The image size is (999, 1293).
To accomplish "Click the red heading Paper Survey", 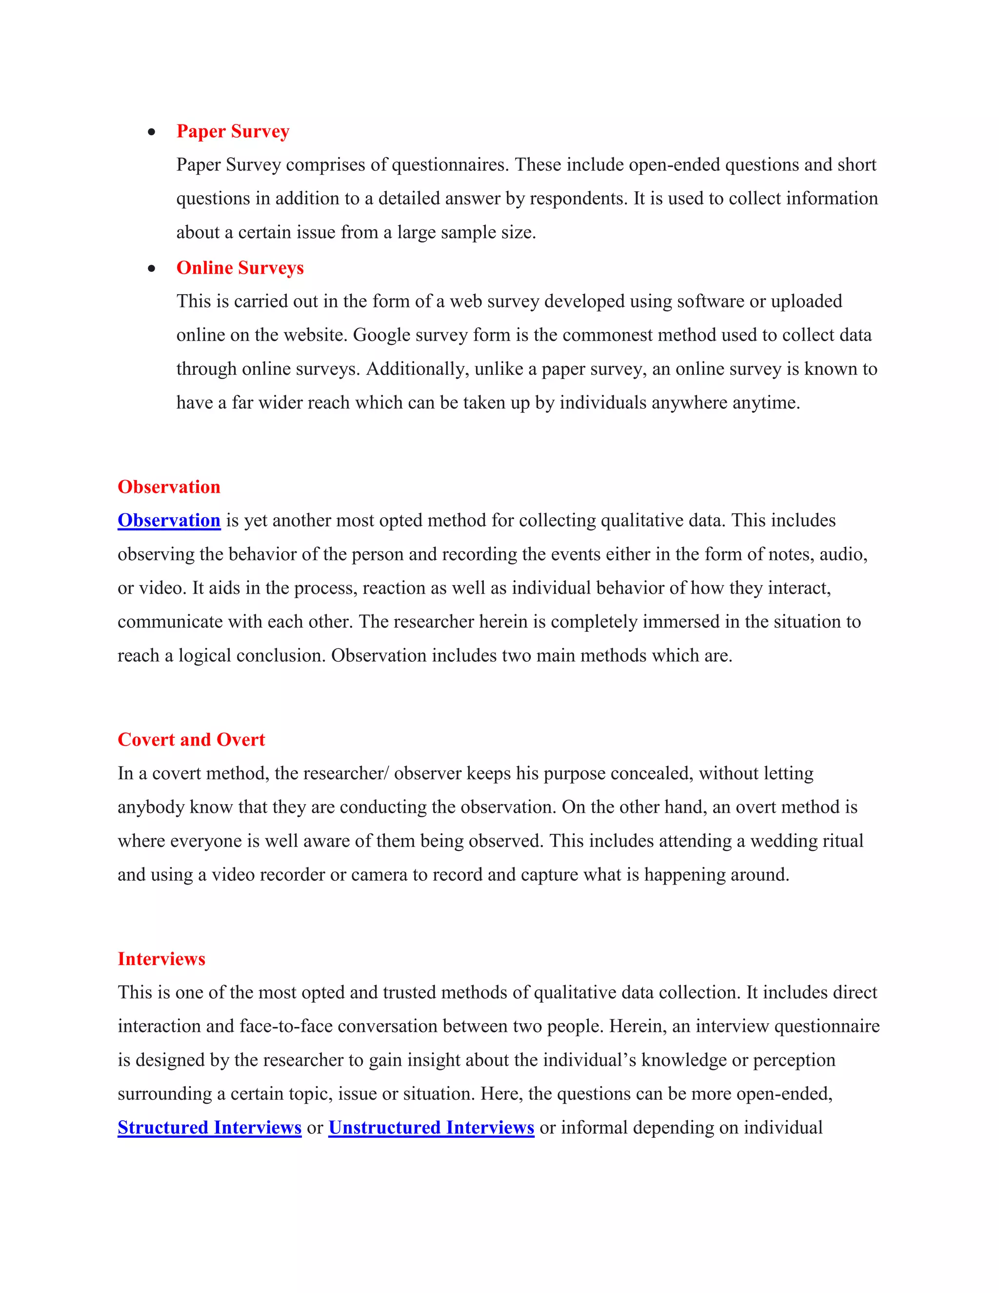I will pos(233,131).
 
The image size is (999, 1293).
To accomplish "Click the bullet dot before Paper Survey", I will pos(152,132).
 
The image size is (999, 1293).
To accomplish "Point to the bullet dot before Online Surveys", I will pos(152,269).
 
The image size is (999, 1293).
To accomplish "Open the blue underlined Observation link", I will pos(169,521).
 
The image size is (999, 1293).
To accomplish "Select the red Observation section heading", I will pos(169,486).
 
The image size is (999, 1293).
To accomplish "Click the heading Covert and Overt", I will pos(191,739).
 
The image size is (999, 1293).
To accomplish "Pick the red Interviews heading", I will pos(161,958).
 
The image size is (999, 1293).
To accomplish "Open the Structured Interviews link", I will pos(209,1127).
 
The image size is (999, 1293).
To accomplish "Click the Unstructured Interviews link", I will pos(431,1127).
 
